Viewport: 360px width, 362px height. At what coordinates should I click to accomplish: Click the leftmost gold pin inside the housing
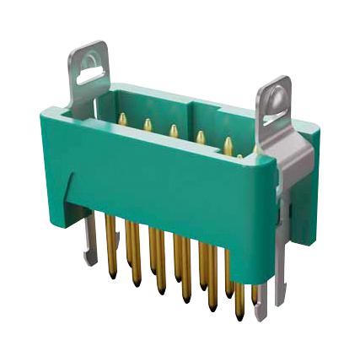123,121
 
